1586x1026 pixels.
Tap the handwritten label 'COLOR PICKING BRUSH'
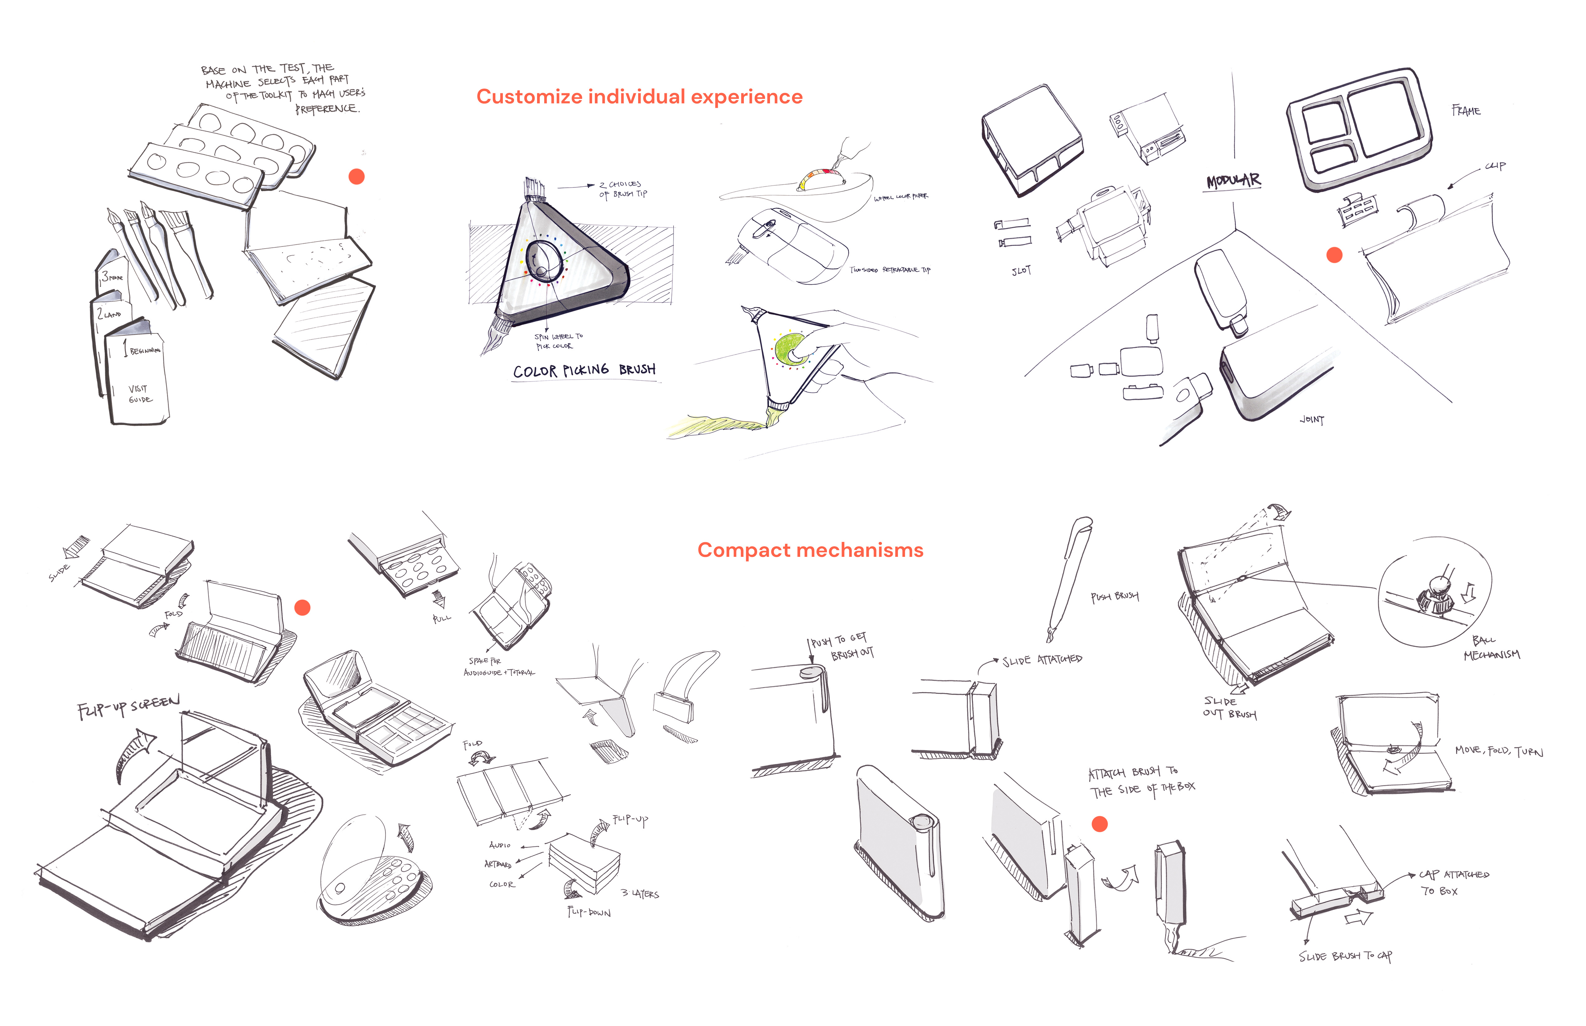click(x=584, y=370)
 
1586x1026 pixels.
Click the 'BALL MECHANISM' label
click(x=1491, y=648)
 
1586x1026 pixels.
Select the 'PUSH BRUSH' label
click(x=1114, y=596)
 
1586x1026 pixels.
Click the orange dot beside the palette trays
click(x=356, y=177)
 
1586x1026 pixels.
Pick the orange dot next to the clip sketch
click(x=1334, y=255)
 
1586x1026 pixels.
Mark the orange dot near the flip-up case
click(x=303, y=608)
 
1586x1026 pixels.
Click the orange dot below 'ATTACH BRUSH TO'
click(x=1100, y=824)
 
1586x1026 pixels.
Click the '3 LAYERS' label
click(x=640, y=894)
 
